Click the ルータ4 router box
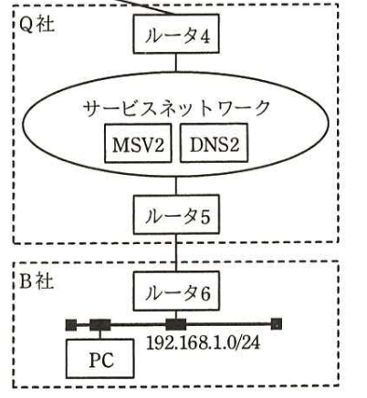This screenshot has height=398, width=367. pyautogui.click(x=176, y=34)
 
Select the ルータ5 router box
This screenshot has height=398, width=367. pyautogui.click(x=176, y=214)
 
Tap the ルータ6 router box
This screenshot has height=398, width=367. pyautogui.click(x=176, y=291)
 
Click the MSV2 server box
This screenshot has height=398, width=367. pyautogui.click(x=138, y=143)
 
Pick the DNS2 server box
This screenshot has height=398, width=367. pyautogui.click(x=214, y=143)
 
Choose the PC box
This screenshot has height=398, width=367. pyautogui.click(x=100, y=359)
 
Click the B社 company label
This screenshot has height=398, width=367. pyautogui.click(x=37, y=281)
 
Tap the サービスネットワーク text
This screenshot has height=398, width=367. pyautogui.click(x=176, y=107)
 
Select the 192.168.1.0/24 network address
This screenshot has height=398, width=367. pyautogui.click(x=203, y=343)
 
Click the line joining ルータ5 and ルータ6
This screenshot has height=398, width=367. pyautogui.click(x=176, y=252)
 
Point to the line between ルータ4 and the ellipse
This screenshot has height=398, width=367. pyautogui.click(x=176, y=63)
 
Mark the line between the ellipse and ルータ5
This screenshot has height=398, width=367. pyautogui.click(x=176, y=185)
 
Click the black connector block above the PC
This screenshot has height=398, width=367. pyautogui.click(x=100, y=324)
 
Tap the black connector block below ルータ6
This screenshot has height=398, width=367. pyautogui.click(x=175, y=324)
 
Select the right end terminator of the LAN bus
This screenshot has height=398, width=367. pyautogui.click(x=277, y=324)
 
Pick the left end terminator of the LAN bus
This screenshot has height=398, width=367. pyautogui.click(x=71, y=325)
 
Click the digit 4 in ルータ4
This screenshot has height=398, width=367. pyautogui.click(x=204, y=37)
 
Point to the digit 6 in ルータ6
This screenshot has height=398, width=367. pyautogui.click(x=204, y=294)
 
